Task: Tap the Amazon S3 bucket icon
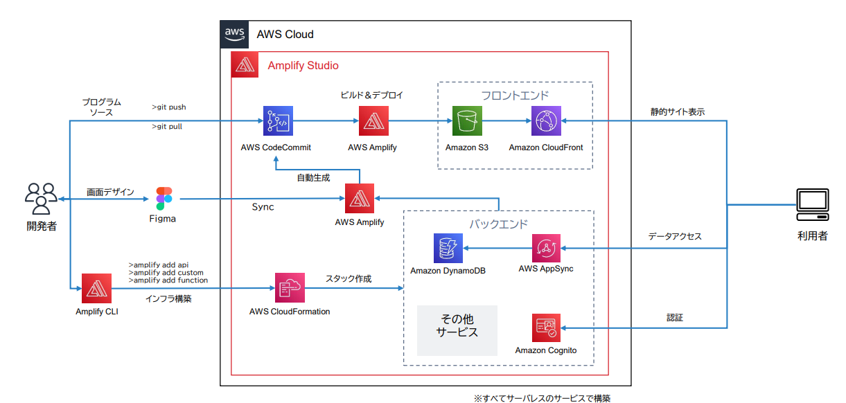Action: pyautogui.click(x=467, y=121)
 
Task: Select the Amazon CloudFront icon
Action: pyautogui.click(x=546, y=121)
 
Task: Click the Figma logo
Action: pyautogui.click(x=164, y=199)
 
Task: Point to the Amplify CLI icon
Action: pyautogui.click(x=96, y=288)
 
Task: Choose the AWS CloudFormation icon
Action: pyautogui.click(x=290, y=288)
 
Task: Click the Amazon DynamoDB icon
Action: pyautogui.click(x=448, y=248)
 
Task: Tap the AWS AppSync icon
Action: pyautogui.click(x=547, y=248)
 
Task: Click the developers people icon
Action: pyautogui.click(x=41, y=199)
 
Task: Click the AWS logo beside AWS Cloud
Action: pyautogui.click(x=234, y=34)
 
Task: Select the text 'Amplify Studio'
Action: pyautogui.click(x=303, y=66)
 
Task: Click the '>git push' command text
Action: pyautogui.click(x=169, y=107)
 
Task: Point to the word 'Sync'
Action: pyautogui.click(x=263, y=207)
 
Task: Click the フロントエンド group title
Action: pyautogui.click(x=515, y=95)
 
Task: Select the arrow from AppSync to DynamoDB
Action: pyautogui.click(x=497, y=248)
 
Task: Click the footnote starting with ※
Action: pyautogui.click(x=542, y=398)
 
